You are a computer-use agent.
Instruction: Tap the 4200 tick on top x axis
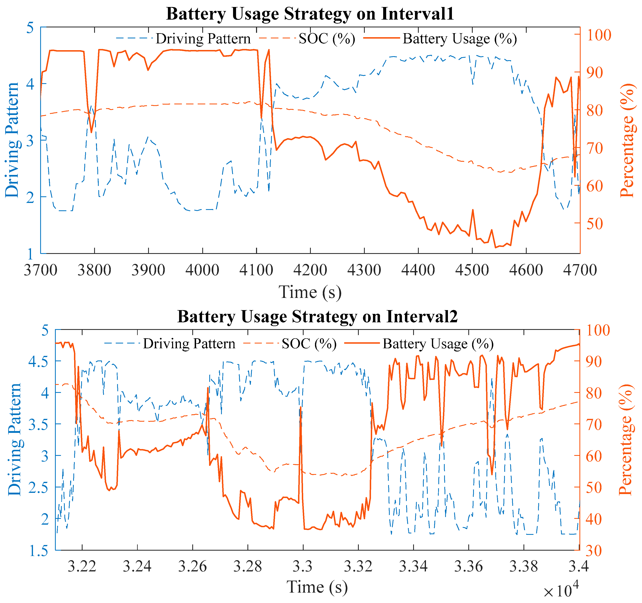pos(310,270)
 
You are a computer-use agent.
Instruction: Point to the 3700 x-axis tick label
pos(41,270)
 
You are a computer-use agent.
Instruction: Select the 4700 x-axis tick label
pos(580,270)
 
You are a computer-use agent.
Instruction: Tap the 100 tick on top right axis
pos(598,35)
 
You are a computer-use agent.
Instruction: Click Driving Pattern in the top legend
pos(203,39)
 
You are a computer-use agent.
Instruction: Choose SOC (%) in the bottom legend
pos(309,344)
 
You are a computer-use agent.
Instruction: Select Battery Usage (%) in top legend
pos(460,39)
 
